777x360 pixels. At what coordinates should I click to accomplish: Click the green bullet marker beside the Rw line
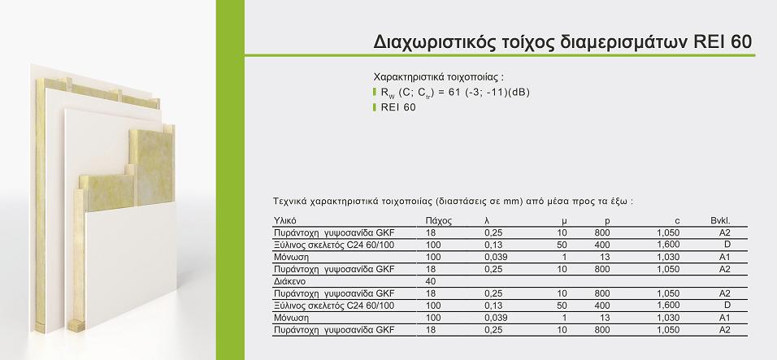click(x=375, y=92)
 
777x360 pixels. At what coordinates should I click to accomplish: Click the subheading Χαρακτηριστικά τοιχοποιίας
click(x=439, y=77)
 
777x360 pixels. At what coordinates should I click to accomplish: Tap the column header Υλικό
click(x=285, y=221)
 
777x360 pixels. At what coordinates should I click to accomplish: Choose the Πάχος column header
click(x=439, y=221)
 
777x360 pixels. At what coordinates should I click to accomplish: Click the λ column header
click(x=487, y=221)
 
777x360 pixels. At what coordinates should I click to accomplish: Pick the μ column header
click(x=564, y=221)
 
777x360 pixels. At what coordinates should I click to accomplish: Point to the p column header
click(x=607, y=221)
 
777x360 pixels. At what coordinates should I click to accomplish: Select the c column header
click(x=677, y=221)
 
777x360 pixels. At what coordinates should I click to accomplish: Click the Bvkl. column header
click(x=720, y=221)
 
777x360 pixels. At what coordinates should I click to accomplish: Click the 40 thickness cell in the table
click(x=431, y=281)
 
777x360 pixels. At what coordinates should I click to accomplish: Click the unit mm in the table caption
click(x=517, y=202)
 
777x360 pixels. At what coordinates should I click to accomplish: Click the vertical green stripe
click(x=231, y=180)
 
